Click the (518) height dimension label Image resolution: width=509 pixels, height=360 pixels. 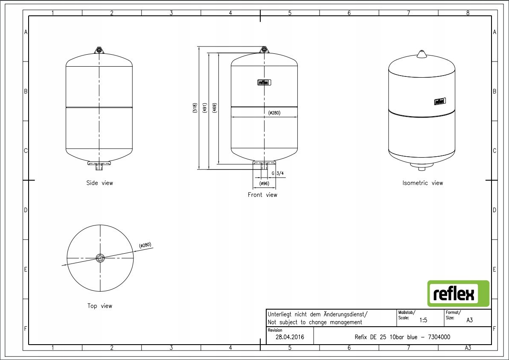click(x=195, y=108)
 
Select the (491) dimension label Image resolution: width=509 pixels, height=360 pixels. click(x=204, y=108)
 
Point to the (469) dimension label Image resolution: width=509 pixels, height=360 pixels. click(x=215, y=108)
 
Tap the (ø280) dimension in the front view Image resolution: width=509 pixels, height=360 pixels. click(x=274, y=113)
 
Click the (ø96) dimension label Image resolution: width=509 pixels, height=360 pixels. click(x=264, y=184)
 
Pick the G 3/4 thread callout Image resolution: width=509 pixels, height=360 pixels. click(x=278, y=173)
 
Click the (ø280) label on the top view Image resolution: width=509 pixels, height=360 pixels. click(x=145, y=245)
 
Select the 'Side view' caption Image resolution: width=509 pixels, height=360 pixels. click(x=100, y=183)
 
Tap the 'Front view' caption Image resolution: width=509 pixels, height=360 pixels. click(x=263, y=195)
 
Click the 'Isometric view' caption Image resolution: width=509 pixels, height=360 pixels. click(x=423, y=183)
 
